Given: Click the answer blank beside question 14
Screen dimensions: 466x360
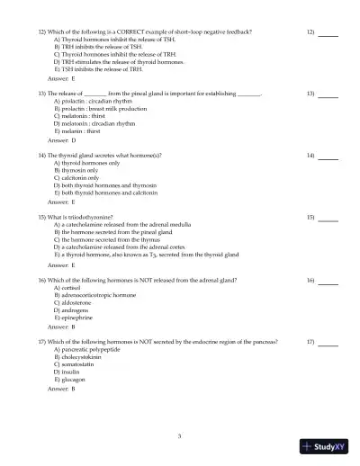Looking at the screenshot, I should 328,156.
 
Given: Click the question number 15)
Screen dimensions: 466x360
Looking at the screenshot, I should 42,218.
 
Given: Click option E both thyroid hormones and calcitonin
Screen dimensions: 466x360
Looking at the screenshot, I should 107,192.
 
